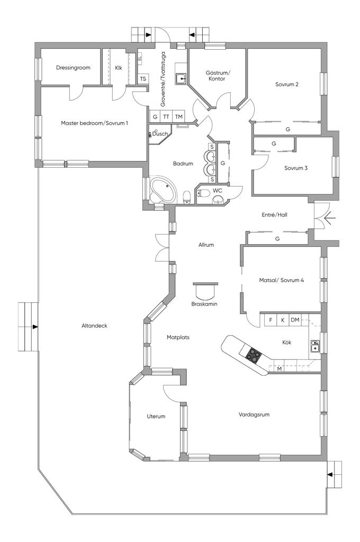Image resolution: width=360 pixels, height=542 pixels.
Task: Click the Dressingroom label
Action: pyautogui.click(x=73, y=68)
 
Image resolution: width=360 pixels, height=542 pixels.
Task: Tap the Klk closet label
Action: pyautogui.click(x=118, y=68)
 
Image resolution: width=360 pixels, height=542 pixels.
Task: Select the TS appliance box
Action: pyautogui.click(x=143, y=79)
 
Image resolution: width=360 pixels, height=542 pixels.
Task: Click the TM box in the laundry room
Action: pyautogui.click(x=178, y=117)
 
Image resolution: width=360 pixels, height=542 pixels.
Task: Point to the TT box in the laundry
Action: pyautogui.click(x=166, y=117)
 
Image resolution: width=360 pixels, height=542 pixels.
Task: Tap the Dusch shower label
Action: pyautogui.click(x=160, y=134)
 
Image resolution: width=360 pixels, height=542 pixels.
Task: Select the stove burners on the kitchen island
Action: pyautogui.click(x=254, y=355)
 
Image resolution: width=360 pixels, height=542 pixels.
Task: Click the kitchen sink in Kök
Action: pyautogui.click(x=314, y=346)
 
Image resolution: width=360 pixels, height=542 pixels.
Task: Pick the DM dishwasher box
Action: pyautogui.click(x=295, y=320)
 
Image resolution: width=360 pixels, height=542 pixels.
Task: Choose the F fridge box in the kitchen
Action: pyautogui.click(x=271, y=320)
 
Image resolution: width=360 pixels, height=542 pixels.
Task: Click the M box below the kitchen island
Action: pyautogui.click(x=280, y=369)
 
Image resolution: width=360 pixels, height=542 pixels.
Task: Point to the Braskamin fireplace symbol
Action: pyautogui.click(x=205, y=291)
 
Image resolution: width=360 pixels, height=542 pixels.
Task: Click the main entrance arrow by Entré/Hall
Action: pyautogui.click(x=329, y=218)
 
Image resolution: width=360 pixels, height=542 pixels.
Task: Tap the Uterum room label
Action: pyautogui.click(x=156, y=417)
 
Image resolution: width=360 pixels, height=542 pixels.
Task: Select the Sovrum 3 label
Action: pyautogui.click(x=296, y=168)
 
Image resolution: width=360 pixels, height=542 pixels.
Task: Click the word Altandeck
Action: pyautogui.click(x=94, y=326)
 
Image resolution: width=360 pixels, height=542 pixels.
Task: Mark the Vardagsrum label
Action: pyautogui.click(x=254, y=414)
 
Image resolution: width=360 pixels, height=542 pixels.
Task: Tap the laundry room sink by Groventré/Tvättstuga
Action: pyautogui.click(x=181, y=78)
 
